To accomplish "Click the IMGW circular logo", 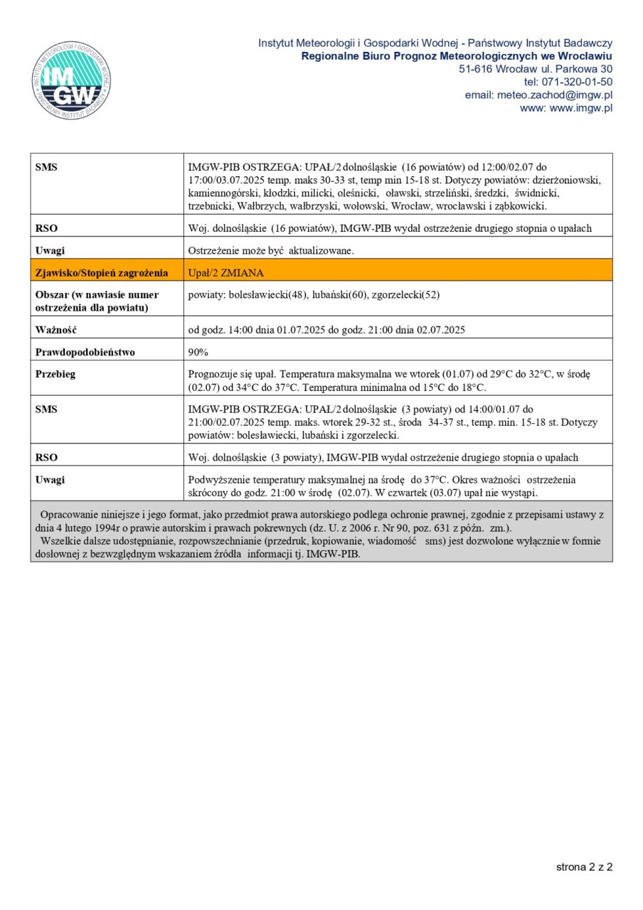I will tap(71, 80).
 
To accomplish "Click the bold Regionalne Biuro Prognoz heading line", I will tap(457, 56).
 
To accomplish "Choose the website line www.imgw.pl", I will tap(566, 108).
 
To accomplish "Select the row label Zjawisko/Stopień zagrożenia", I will tap(102, 272).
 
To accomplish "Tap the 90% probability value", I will tap(198, 352).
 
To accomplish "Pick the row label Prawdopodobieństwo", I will tap(85, 352).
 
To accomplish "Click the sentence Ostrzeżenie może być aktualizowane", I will tap(271, 250).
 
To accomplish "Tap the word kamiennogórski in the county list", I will tap(223, 193).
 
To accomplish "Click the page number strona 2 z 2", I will tap(584, 867).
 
